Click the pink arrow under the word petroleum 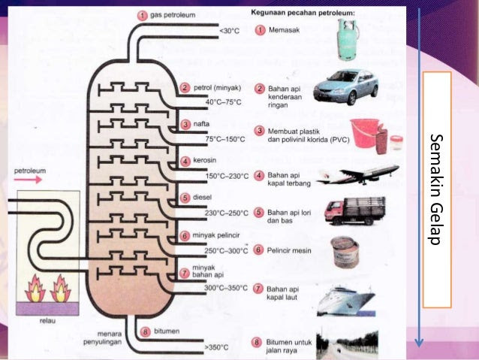[28, 180]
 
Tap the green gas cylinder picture [348, 39]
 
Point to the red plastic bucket [365, 133]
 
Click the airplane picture [357, 175]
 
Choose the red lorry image [355, 211]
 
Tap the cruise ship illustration [346, 301]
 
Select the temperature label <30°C [229, 31]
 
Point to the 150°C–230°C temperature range [227, 176]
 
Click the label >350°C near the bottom [216, 347]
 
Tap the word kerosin [205, 160]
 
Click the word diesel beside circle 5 [202, 197]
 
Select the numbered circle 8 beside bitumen [146, 332]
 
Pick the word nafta [201, 124]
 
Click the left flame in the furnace [35, 289]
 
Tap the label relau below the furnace [47, 321]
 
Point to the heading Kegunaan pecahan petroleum [303, 13]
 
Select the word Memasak [284, 30]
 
